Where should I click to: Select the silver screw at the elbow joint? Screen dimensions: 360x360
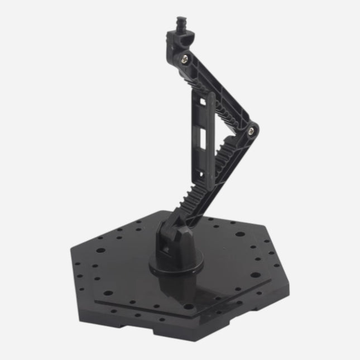coord(252,131)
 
